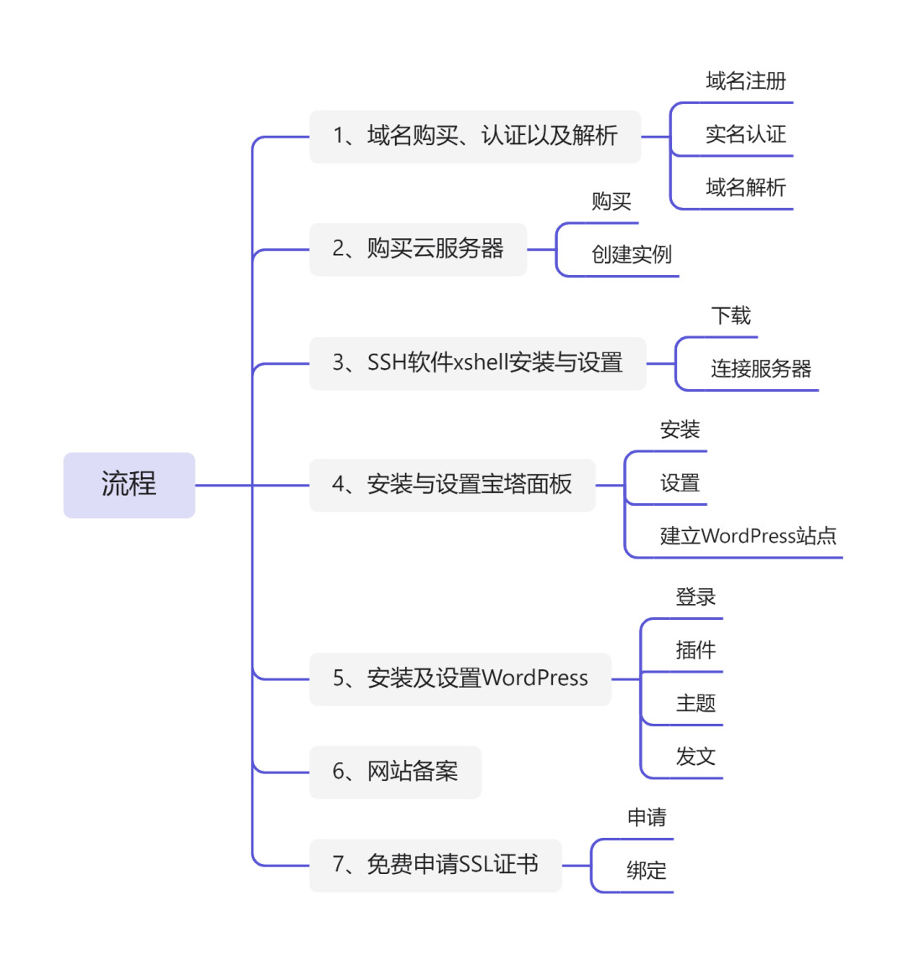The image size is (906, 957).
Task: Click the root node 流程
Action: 129,486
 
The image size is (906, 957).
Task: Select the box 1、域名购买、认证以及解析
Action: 475,137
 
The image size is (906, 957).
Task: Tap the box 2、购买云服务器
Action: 419,249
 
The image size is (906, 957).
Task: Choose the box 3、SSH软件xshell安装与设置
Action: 477,363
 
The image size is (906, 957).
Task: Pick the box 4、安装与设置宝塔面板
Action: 452,486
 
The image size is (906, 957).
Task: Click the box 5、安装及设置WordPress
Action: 461,679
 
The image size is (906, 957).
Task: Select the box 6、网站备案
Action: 395,772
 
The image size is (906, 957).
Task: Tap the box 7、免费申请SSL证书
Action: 435,866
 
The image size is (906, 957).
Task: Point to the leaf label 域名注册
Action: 746,81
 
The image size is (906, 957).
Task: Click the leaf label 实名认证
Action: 746,134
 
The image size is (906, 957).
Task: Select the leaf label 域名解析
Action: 746,187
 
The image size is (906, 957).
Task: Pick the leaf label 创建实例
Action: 632,254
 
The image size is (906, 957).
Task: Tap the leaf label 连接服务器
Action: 761,369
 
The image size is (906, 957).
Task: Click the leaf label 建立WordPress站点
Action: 748,536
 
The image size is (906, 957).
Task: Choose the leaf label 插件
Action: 695,650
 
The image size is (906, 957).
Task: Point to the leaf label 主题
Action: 695,703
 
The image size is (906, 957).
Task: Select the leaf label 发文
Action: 695,757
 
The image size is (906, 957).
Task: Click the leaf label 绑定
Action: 646,871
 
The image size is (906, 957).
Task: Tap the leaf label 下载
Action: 731,315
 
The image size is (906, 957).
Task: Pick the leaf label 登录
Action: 695,597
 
